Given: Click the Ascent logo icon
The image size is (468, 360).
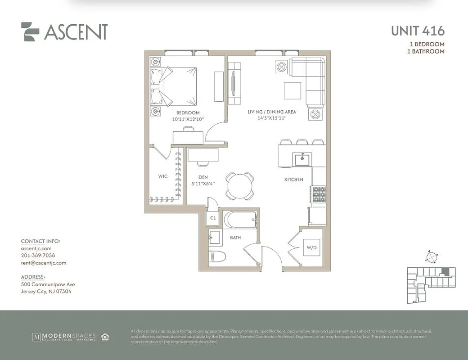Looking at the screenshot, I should (30, 31).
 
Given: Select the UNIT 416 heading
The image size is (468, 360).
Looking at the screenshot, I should (417, 31).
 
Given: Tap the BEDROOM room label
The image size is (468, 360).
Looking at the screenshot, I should (188, 113).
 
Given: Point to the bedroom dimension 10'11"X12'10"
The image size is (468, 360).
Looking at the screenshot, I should (188, 120).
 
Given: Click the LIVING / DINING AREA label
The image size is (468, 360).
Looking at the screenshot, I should (272, 112).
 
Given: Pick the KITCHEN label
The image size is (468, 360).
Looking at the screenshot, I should (293, 180).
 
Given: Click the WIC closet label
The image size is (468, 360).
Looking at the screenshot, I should (163, 176).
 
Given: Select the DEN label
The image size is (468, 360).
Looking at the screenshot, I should (203, 177).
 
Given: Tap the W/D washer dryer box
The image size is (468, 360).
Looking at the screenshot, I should (312, 247).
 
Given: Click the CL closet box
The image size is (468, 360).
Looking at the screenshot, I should (213, 218).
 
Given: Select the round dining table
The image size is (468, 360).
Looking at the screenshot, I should (239, 185).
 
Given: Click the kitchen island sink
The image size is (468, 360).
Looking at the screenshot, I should (301, 159).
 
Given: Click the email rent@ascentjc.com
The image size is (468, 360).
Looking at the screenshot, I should (43, 263).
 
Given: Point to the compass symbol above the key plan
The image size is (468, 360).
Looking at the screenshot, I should (432, 257).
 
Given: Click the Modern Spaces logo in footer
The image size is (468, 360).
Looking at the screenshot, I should (64, 337).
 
